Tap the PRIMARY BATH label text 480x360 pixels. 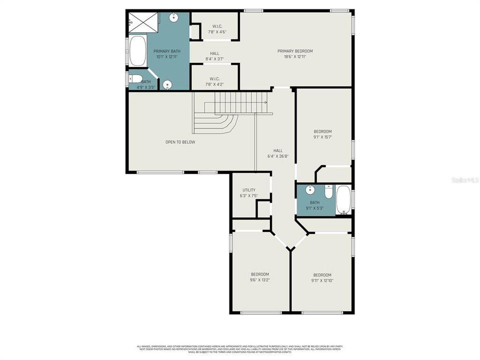[167, 51]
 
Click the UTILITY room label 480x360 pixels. [249, 190]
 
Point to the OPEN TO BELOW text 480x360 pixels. [180, 142]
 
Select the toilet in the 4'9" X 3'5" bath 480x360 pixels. [135, 78]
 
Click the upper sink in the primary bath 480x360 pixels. [174, 18]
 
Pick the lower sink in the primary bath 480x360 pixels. [168, 84]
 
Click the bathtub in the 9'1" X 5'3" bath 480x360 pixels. [343, 199]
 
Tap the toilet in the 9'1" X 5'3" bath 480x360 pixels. [328, 192]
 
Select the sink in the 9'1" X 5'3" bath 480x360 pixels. [309, 189]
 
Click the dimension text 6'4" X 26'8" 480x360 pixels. [278, 156]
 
